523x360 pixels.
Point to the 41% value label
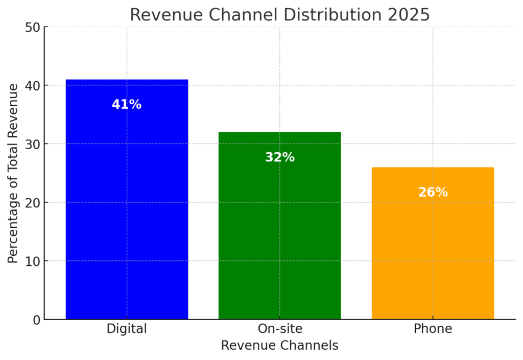pos(127,105)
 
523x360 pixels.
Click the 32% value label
pos(279,158)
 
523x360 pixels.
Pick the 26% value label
pos(433,193)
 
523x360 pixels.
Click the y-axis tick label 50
pos(32,27)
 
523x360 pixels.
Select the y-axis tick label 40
pos(32,85)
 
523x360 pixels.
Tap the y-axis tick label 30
pos(32,144)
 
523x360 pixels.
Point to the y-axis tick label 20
pos(32,203)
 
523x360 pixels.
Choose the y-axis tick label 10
pos(32,261)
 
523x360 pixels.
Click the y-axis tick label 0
pos(36,320)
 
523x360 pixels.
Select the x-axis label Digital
pos(127,329)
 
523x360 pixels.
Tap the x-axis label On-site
pos(279,329)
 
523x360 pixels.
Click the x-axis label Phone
pos(433,329)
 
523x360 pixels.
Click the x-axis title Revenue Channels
pos(279,346)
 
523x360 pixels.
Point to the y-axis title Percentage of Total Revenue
pos(13,173)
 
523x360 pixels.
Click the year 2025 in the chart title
pos(408,15)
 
